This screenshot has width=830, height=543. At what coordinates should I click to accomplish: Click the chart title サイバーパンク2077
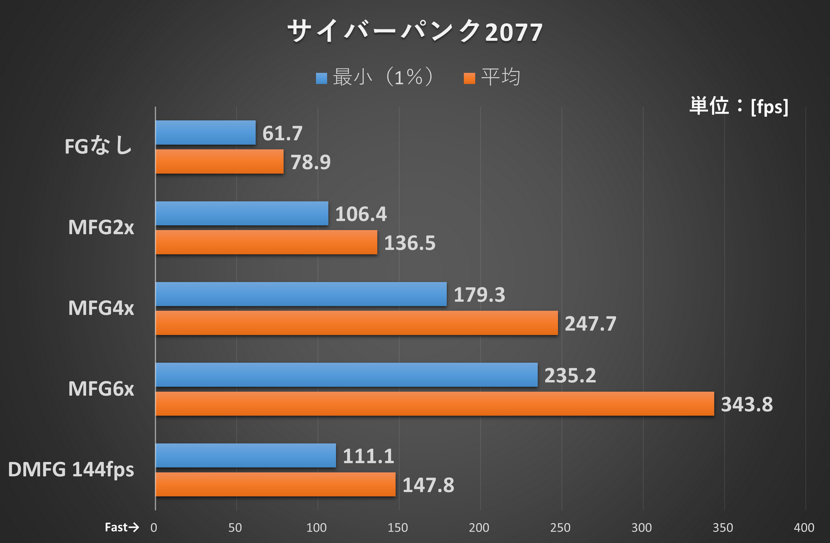click(x=415, y=32)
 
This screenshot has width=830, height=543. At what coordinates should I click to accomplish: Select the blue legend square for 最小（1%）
click(x=321, y=78)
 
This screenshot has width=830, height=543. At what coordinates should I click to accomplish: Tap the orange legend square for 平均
click(x=469, y=78)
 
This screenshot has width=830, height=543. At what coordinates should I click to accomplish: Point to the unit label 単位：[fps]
click(x=739, y=106)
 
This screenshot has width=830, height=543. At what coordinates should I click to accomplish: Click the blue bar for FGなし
click(x=205, y=133)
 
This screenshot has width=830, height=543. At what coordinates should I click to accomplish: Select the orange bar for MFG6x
click(x=435, y=403)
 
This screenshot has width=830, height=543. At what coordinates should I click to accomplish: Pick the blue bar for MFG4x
click(x=301, y=294)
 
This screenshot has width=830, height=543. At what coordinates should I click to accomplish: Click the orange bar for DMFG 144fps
click(x=275, y=484)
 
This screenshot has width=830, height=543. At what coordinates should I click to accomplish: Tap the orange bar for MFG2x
click(x=266, y=242)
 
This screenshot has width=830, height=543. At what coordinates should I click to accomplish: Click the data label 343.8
click(x=747, y=404)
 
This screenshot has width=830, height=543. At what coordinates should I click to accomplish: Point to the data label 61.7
click(x=282, y=133)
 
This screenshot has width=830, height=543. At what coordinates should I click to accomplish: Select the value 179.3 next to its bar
click(x=479, y=295)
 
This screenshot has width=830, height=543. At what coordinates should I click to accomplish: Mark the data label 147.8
click(x=428, y=485)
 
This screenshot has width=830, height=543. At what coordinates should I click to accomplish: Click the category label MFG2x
click(x=101, y=227)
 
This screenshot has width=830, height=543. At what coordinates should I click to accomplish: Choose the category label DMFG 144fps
click(x=71, y=469)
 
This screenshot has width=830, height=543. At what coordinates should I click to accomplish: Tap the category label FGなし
click(x=98, y=146)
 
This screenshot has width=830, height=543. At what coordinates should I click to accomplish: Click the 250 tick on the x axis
click(x=560, y=528)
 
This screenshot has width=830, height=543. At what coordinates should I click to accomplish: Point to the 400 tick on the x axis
click(x=803, y=528)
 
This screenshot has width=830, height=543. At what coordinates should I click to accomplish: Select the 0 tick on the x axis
click(x=154, y=528)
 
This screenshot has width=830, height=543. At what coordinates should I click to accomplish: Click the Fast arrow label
click(x=121, y=527)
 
